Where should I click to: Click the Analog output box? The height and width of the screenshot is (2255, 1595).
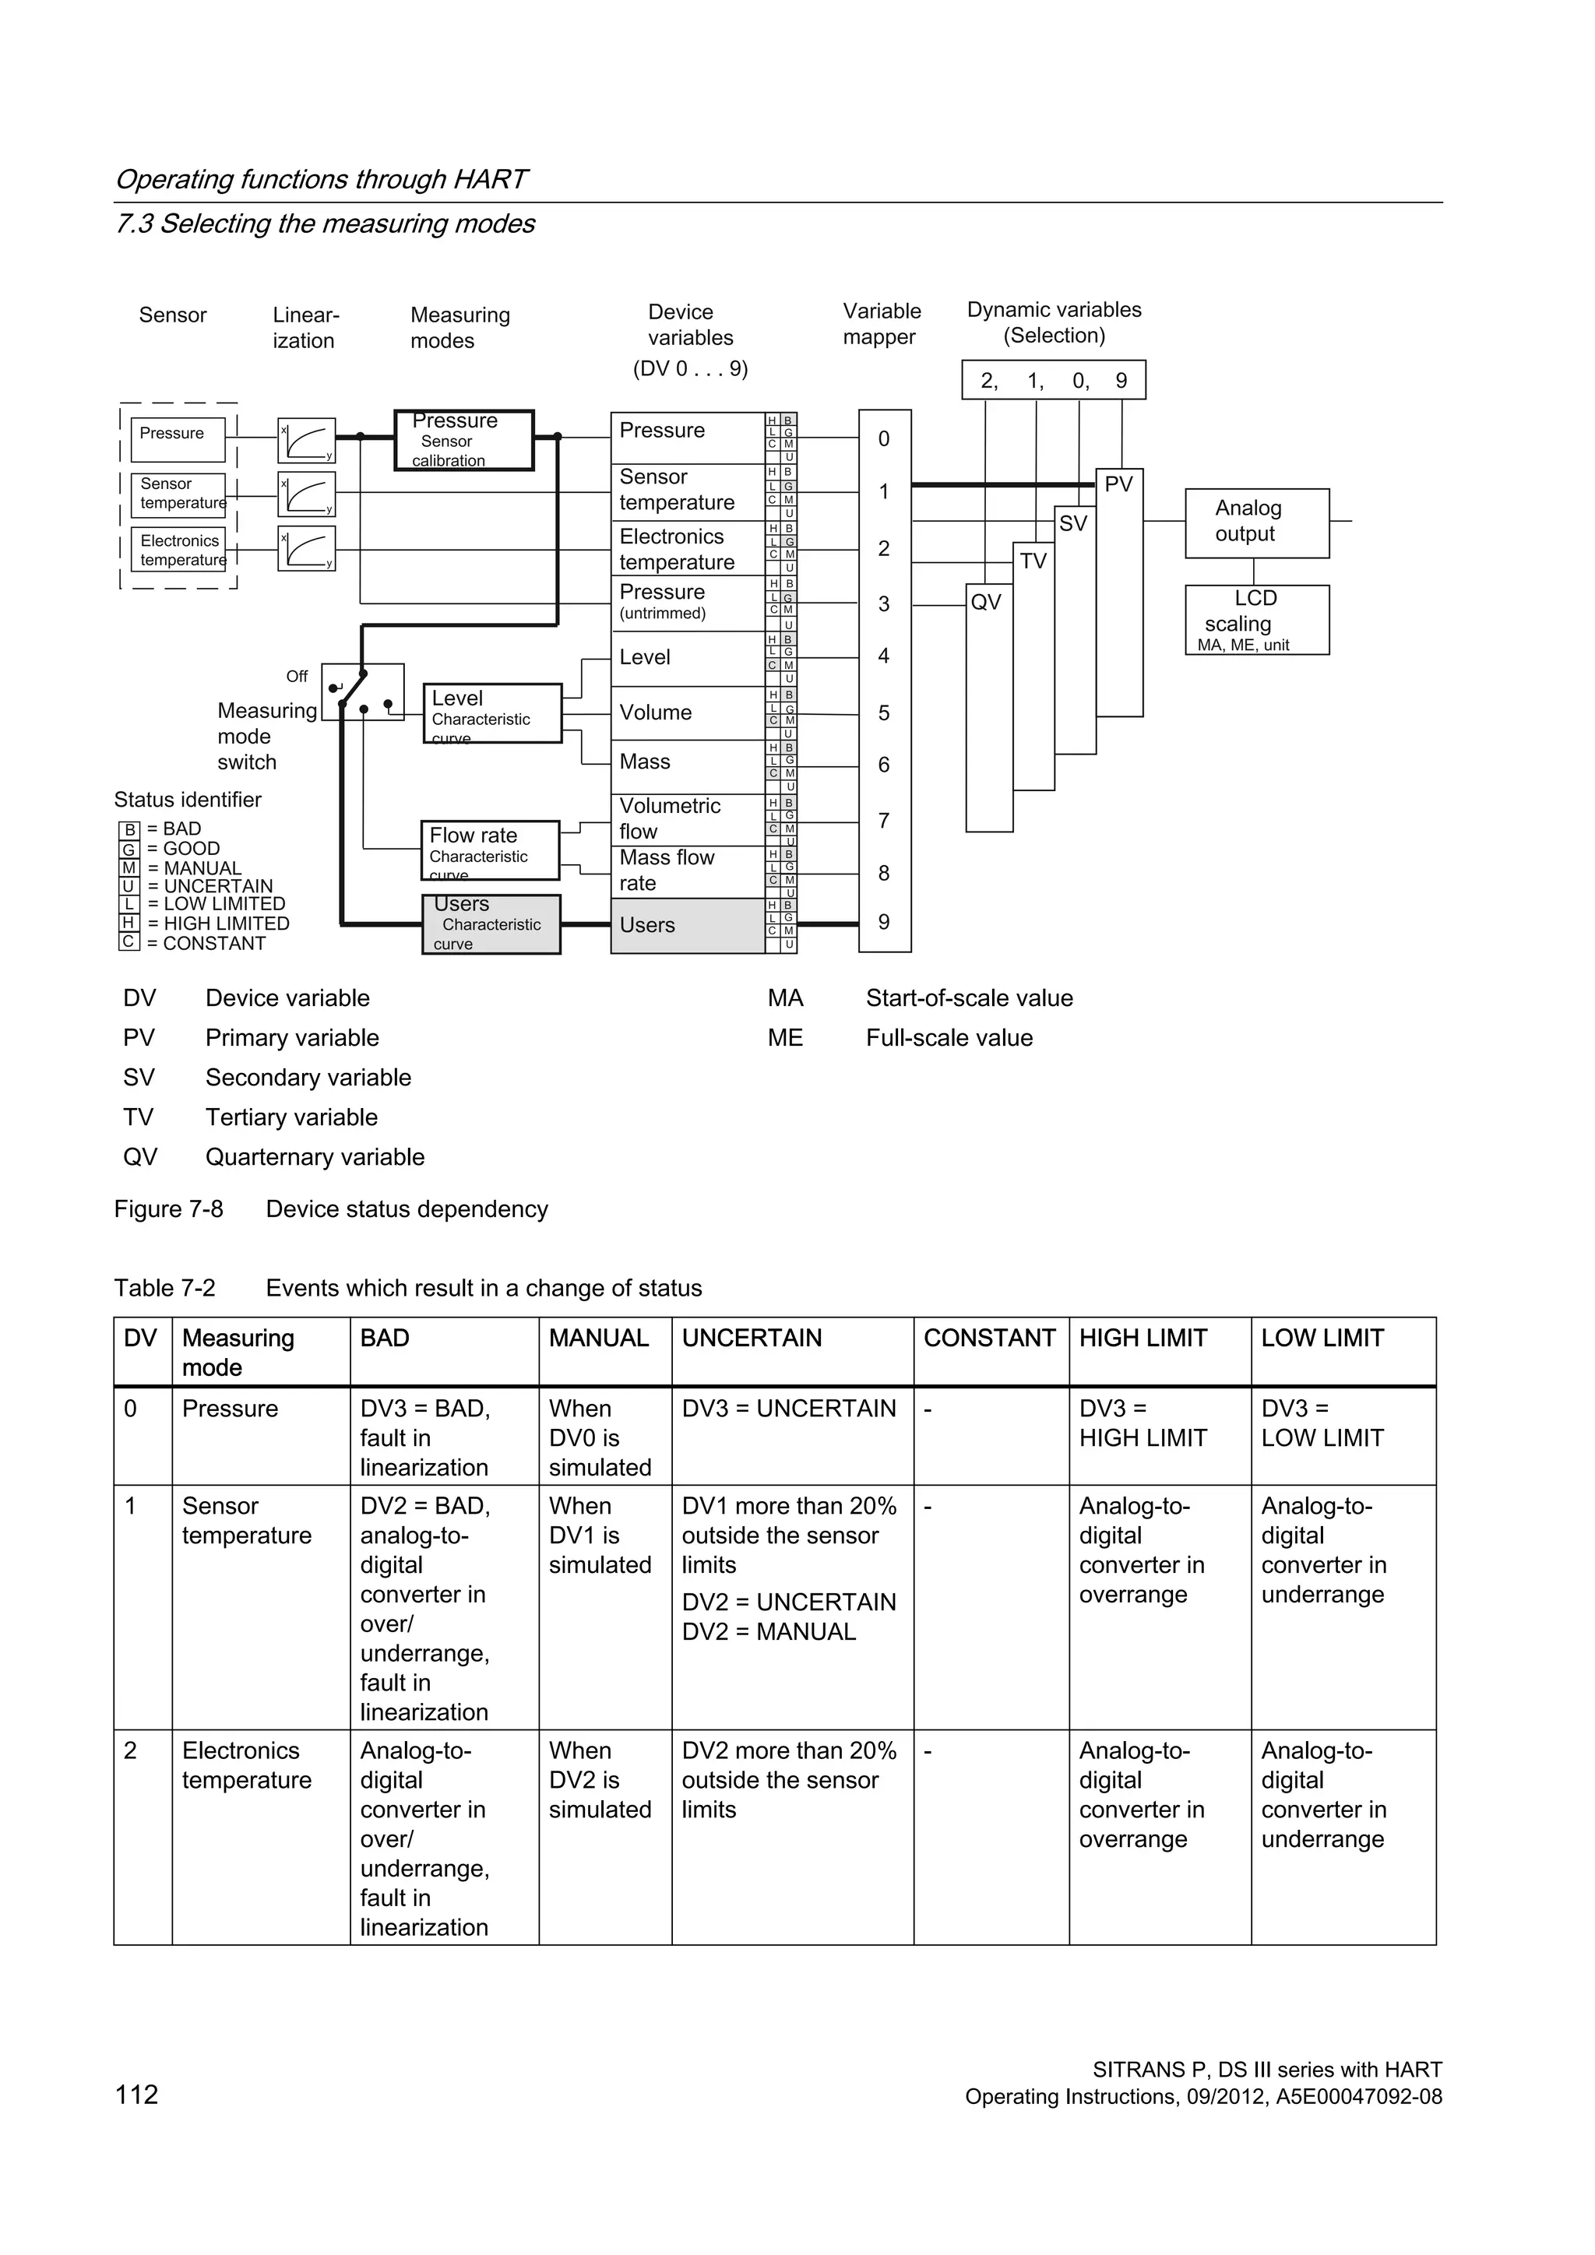coord(1256,522)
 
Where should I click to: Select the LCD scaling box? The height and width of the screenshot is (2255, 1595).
coord(1256,620)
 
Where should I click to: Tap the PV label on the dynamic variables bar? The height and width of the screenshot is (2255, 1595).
coord(1118,484)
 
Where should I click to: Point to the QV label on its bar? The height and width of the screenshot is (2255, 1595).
coord(986,602)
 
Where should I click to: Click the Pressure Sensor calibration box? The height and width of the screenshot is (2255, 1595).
coord(463,440)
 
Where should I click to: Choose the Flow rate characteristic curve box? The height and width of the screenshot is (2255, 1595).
coord(489,850)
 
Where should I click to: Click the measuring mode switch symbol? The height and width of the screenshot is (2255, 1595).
coord(362,691)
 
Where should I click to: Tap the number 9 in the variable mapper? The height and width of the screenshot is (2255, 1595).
coord(884,922)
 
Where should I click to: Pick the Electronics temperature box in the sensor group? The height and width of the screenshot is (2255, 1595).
coord(178,550)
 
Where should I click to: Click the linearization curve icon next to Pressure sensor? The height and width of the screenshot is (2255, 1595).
coord(306,440)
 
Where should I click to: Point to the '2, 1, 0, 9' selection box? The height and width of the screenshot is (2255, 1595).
coord(1053,381)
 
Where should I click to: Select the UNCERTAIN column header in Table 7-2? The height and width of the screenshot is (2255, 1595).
coord(752,1338)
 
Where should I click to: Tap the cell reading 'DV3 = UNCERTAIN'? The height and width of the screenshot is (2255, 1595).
coord(789,1409)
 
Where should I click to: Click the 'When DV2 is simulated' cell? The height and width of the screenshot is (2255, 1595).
coord(600,1780)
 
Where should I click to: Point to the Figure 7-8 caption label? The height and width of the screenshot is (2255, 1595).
coord(169,1209)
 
